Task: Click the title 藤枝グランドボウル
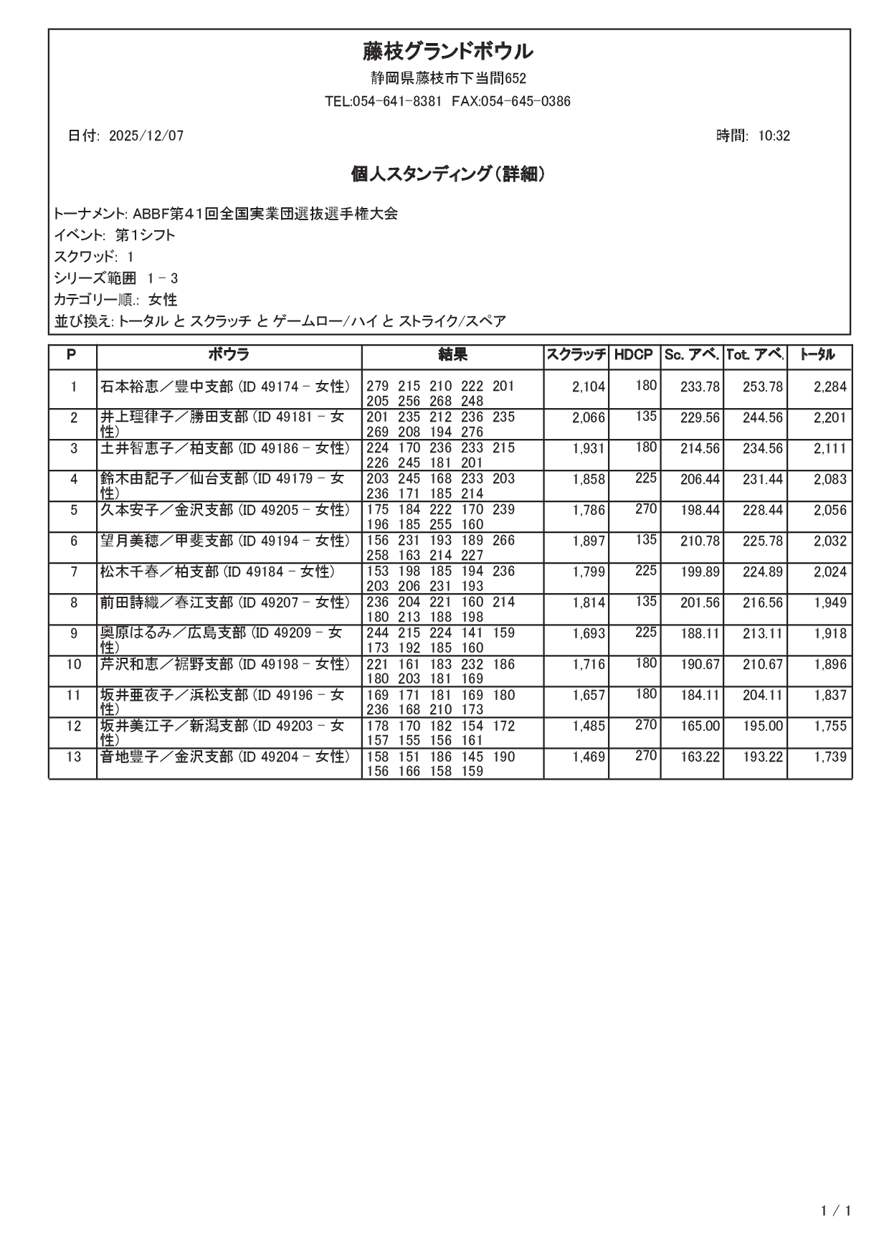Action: click(447, 52)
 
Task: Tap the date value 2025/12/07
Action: click(146, 136)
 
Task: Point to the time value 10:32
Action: click(774, 136)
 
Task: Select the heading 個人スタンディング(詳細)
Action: click(447, 174)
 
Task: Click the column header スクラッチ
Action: click(576, 355)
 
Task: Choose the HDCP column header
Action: click(634, 355)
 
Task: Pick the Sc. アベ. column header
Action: click(691, 355)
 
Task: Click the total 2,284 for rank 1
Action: click(829, 387)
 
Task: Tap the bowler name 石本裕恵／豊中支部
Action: click(167, 387)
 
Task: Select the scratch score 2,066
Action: click(589, 418)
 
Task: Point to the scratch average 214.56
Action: click(700, 449)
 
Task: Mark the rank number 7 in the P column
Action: click(73, 572)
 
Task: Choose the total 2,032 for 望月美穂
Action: click(829, 541)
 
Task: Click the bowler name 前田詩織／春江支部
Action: click(167, 603)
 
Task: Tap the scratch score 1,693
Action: click(589, 634)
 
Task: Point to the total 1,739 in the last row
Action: click(829, 757)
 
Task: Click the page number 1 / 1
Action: click(836, 1212)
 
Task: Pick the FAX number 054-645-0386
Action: click(526, 102)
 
